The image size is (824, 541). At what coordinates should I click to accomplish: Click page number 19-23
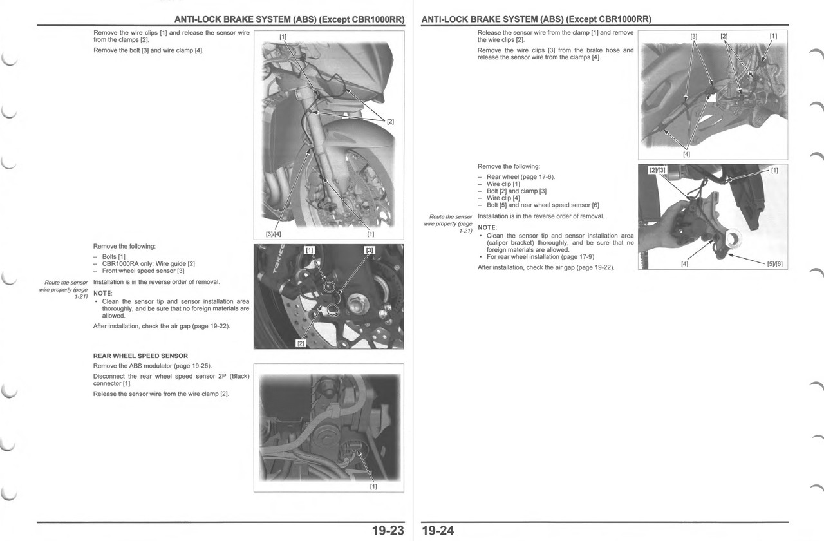(388, 531)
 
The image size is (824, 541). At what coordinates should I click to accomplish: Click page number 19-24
(438, 531)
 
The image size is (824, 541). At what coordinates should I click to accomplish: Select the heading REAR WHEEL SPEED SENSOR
(140, 356)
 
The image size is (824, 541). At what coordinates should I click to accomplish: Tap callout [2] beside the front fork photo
(390, 121)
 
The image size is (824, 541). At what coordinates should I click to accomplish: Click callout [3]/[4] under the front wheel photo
(273, 234)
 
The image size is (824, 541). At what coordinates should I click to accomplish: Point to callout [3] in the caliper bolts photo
(370, 250)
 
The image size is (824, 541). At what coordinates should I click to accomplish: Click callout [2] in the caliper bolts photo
(300, 343)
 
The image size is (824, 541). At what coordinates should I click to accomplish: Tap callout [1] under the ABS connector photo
(373, 486)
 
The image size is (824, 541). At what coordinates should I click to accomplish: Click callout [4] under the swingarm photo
(686, 153)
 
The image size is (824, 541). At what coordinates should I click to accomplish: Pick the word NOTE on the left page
(103, 294)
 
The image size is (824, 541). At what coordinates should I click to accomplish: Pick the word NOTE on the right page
(487, 227)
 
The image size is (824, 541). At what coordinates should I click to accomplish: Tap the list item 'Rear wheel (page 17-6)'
(520, 176)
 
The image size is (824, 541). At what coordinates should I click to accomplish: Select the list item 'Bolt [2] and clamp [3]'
(516, 191)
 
